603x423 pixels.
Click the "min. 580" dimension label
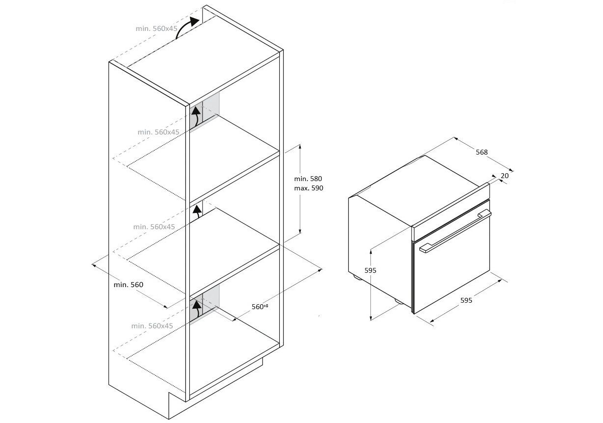click(308, 179)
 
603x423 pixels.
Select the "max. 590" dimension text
click(309, 188)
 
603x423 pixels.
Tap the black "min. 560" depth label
click(129, 285)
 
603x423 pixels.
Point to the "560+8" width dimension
click(260, 307)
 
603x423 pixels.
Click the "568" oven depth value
click(482, 152)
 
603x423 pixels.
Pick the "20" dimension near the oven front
click(505, 176)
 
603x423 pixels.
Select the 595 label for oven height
click(370, 270)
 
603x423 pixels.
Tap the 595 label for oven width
click(466, 300)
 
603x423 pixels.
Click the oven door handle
click(455, 231)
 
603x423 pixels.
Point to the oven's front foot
click(400, 301)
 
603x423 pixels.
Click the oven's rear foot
click(358, 278)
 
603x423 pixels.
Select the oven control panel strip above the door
click(451, 211)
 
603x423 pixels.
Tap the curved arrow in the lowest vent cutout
click(197, 309)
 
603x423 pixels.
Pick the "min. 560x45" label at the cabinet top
click(157, 28)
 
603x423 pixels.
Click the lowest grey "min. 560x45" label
click(152, 326)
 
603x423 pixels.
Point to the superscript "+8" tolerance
click(266, 306)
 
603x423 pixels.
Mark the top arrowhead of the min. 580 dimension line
click(300, 146)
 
